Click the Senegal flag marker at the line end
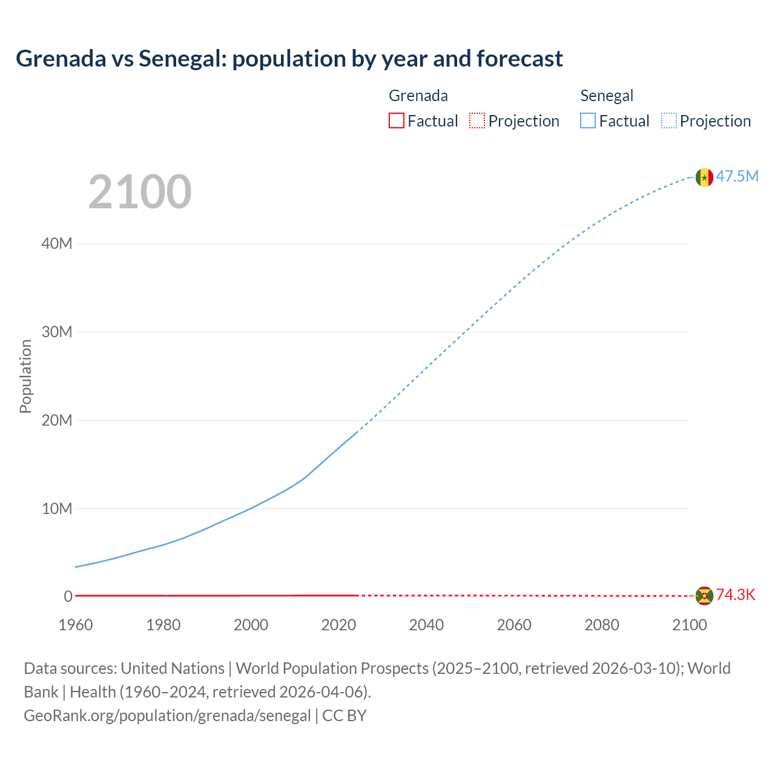704,177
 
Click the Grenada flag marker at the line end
704,596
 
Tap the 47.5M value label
737,176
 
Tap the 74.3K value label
736,595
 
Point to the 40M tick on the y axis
57,244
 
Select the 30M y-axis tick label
57,332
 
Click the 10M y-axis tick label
57,509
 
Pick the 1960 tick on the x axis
76,625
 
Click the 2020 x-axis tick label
338,625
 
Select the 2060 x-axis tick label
514,625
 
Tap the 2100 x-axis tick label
689,625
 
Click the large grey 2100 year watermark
140,192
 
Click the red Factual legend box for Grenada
397,121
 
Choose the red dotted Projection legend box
477,121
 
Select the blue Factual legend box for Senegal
588,121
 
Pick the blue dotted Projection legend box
669,121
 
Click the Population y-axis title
25,376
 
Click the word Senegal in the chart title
182,59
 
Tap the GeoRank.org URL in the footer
167,716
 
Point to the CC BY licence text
345,716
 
